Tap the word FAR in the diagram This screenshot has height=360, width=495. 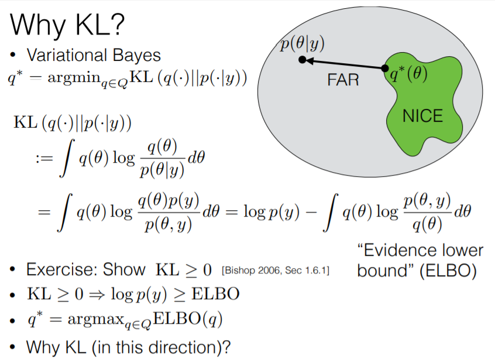pos(343,79)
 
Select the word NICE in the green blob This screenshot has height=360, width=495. pos(422,116)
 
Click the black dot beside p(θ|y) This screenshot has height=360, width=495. pos(302,60)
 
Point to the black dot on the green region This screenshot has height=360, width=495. pos(386,69)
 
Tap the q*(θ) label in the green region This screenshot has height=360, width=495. pos(410,76)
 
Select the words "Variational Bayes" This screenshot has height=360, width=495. pos(94,56)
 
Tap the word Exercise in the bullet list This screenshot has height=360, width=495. pos(64,270)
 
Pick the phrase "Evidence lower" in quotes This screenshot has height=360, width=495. pos(420,251)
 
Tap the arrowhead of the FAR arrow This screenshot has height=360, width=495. pos(310,60)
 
